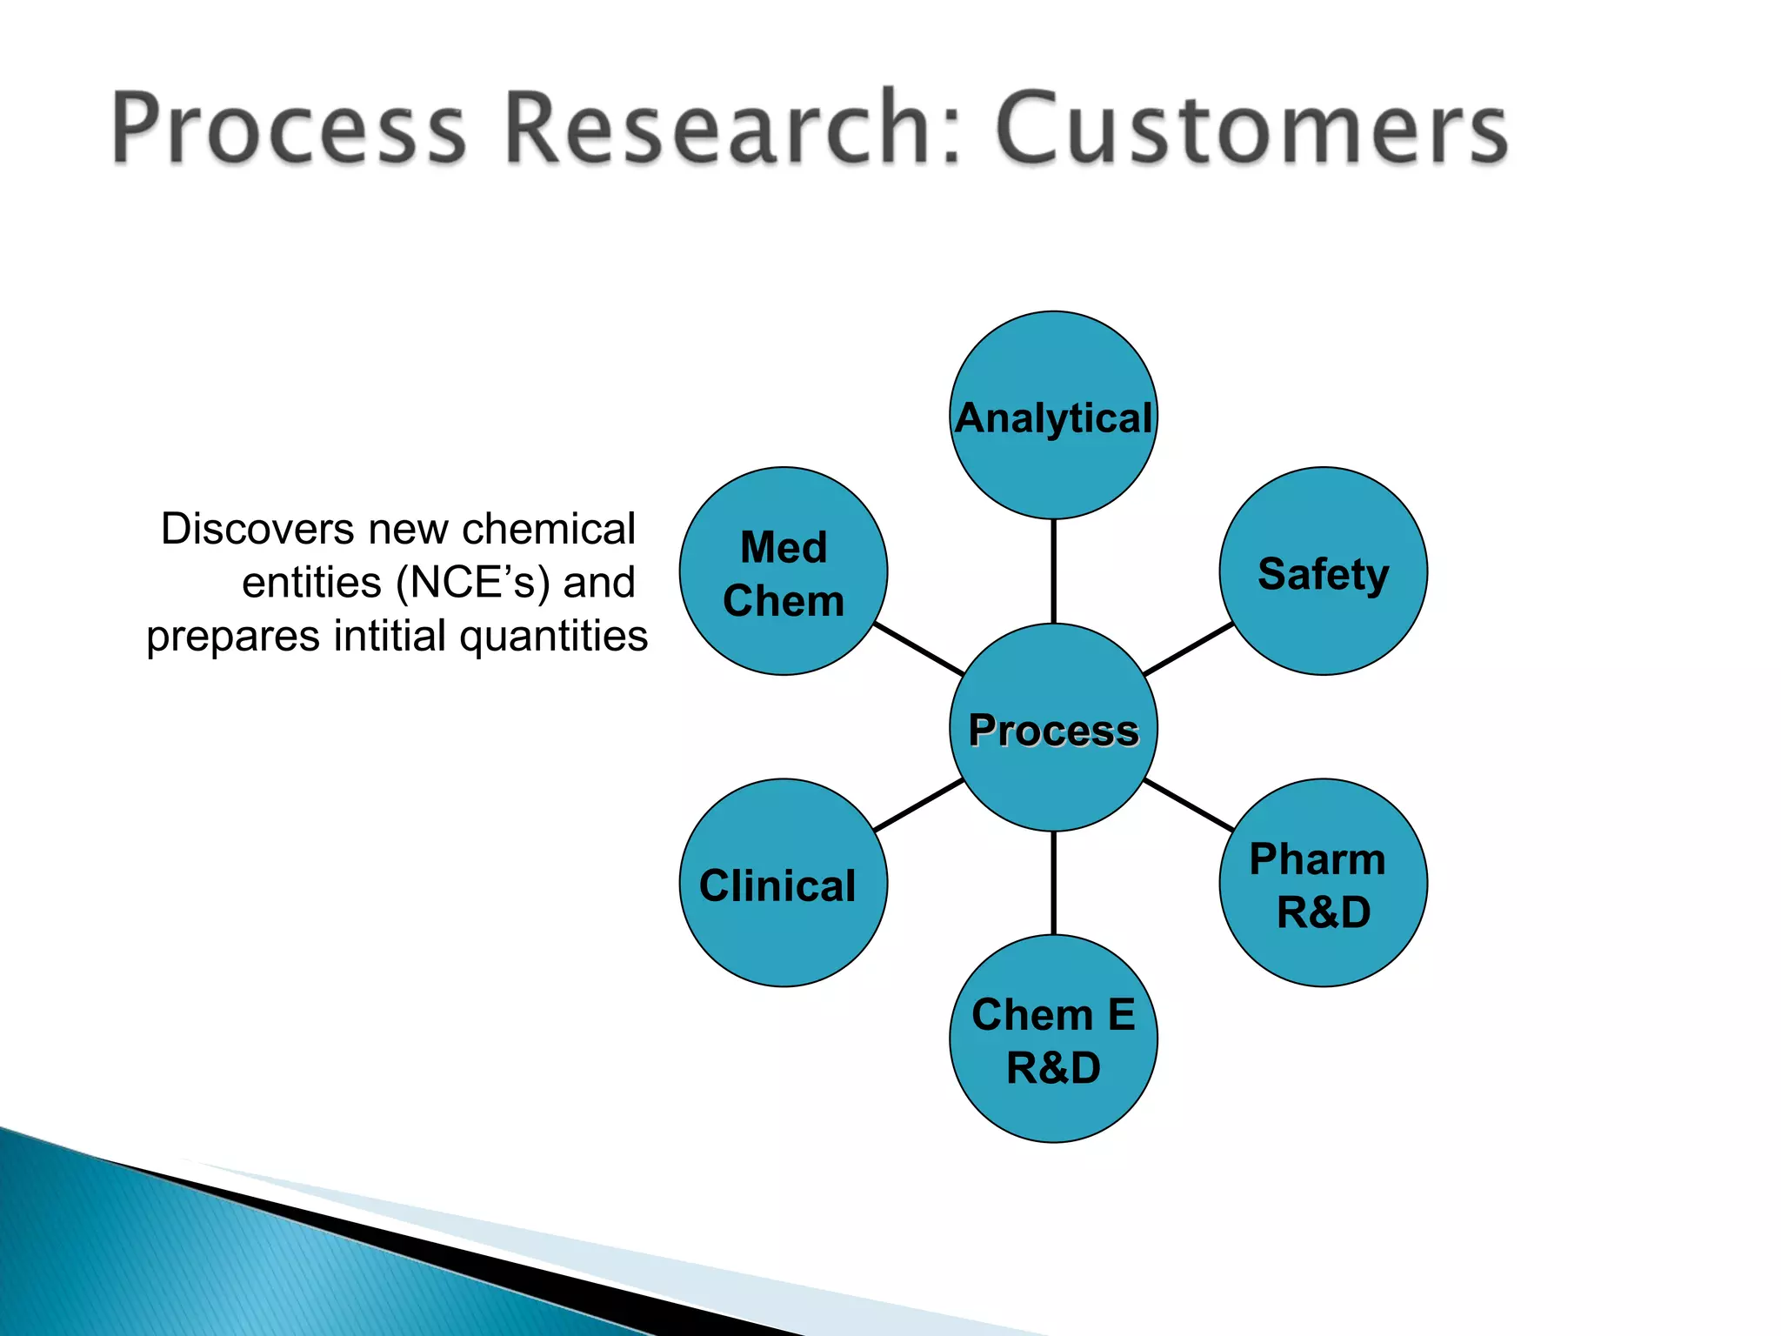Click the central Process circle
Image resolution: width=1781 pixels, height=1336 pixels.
[1053, 727]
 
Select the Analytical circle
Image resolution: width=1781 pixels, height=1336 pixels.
[1053, 416]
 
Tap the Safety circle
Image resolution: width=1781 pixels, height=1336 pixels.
[1323, 571]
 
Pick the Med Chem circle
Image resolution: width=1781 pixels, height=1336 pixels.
[783, 571]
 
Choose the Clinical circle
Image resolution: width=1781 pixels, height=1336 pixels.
[783, 883]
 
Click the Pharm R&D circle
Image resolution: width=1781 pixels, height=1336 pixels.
[1323, 883]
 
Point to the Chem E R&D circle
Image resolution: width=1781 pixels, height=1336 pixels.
[1053, 1039]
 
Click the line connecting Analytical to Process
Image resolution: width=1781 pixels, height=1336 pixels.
[1053, 571]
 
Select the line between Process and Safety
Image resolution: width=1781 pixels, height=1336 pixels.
[1188, 649]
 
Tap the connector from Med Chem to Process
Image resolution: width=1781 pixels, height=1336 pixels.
[918, 649]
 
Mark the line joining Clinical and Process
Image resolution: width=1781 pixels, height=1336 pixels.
[918, 805]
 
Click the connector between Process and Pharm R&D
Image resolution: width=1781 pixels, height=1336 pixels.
[1188, 805]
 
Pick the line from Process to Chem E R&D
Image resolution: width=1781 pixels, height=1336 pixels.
[1053, 883]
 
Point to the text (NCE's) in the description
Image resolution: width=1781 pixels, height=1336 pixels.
[473, 583]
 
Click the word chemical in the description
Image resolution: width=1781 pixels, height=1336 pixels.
[549, 529]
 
